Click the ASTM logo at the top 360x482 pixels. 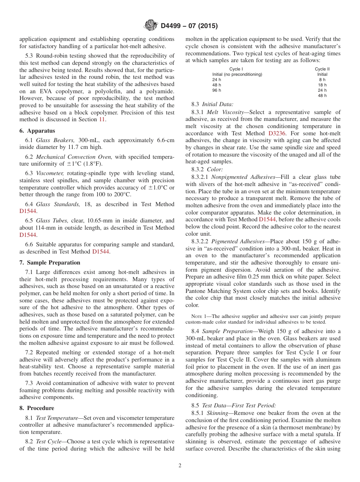click(x=151, y=26)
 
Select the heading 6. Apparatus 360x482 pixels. click(x=37, y=131)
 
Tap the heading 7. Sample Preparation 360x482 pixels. click(x=50, y=263)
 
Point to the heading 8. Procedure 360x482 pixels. click(x=37, y=408)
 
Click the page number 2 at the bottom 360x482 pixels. click(x=180, y=466)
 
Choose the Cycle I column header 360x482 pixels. click(x=236, y=69)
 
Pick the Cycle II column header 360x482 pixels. click(x=322, y=69)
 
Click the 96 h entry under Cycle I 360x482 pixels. click(x=216, y=90)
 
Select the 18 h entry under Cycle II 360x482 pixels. click(x=322, y=85)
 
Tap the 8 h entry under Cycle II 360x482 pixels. click(x=322, y=80)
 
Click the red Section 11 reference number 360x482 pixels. click(x=102, y=119)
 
